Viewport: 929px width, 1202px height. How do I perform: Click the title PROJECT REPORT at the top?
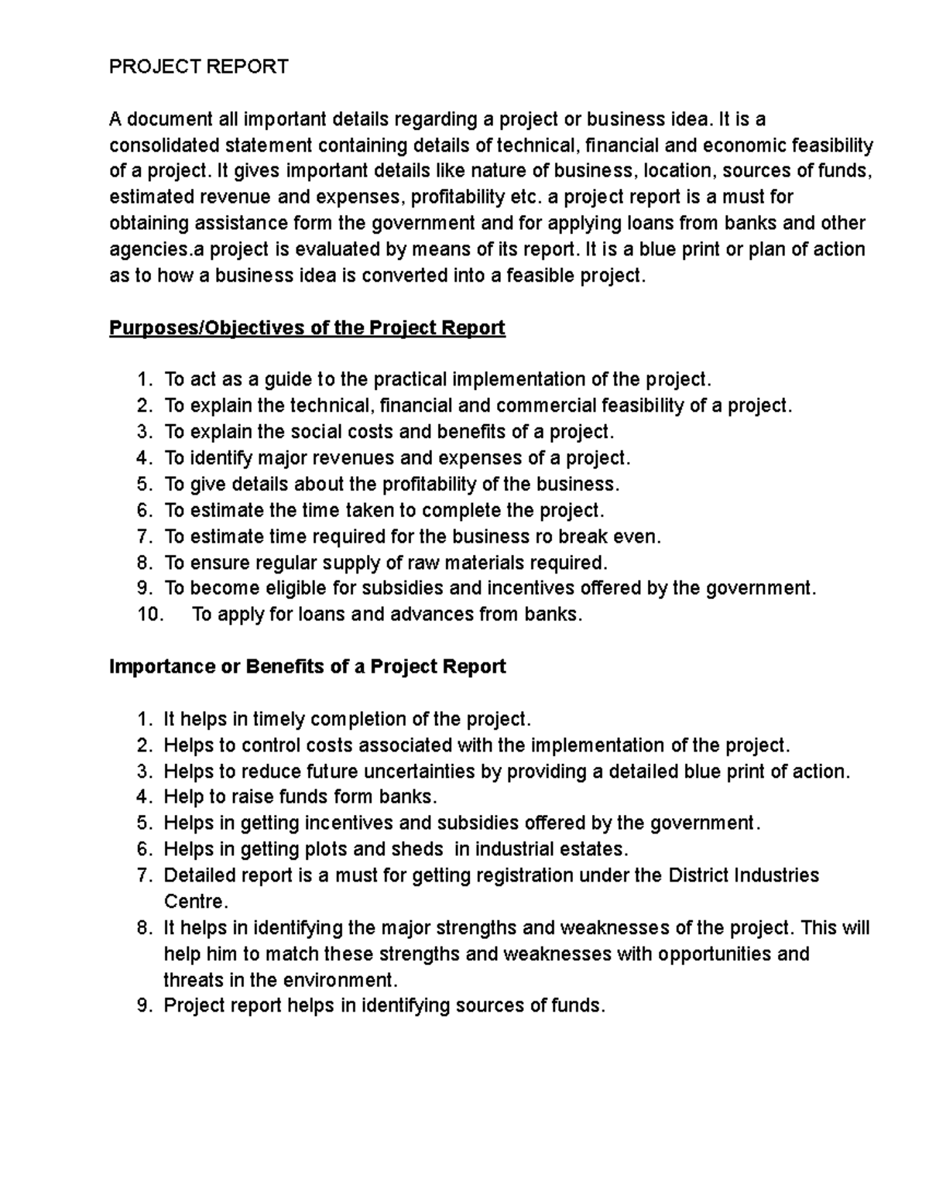198,67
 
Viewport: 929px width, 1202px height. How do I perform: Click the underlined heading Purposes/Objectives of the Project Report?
307,328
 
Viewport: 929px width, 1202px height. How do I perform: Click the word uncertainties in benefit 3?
419,772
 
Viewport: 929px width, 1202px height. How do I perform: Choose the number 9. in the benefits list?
145,1006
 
